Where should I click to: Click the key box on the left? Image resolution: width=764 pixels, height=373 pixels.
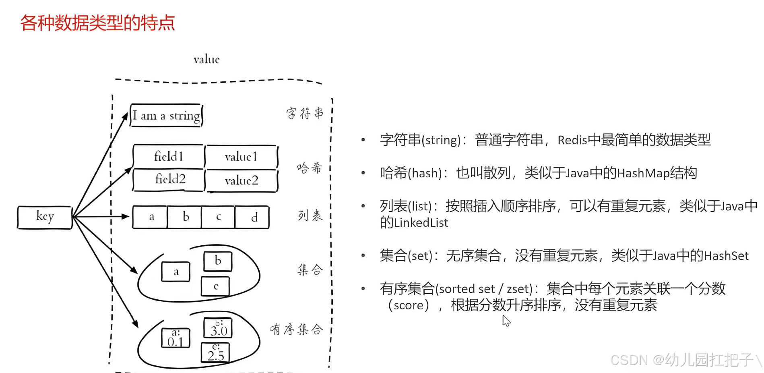(x=45, y=217)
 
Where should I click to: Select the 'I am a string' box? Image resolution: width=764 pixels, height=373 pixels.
(x=166, y=116)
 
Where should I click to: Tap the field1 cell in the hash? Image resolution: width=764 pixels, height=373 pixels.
(x=169, y=156)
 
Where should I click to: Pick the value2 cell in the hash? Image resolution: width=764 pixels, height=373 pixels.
(x=242, y=180)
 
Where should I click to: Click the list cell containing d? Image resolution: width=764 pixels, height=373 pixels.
(x=252, y=218)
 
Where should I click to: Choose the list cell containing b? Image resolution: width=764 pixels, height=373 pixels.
(x=185, y=218)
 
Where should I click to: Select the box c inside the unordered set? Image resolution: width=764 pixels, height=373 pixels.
(x=215, y=286)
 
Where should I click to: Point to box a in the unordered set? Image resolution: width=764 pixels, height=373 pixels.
(x=176, y=272)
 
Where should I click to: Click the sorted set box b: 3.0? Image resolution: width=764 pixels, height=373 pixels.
(x=218, y=328)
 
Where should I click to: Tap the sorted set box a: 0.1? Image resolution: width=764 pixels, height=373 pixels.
(x=176, y=338)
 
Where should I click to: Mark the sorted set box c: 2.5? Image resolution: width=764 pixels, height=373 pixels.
(x=215, y=352)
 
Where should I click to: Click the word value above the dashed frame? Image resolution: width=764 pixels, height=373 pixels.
(x=206, y=60)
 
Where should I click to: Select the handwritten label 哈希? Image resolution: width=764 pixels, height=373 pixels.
(x=310, y=168)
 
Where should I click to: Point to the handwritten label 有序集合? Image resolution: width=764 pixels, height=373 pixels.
(x=296, y=329)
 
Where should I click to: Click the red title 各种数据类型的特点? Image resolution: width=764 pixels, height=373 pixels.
(x=97, y=23)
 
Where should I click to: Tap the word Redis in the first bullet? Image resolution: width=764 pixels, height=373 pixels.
(x=572, y=140)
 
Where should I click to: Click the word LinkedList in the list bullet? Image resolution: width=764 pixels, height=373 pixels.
(x=421, y=223)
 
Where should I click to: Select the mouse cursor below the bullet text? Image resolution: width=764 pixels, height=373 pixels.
(x=506, y=321)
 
